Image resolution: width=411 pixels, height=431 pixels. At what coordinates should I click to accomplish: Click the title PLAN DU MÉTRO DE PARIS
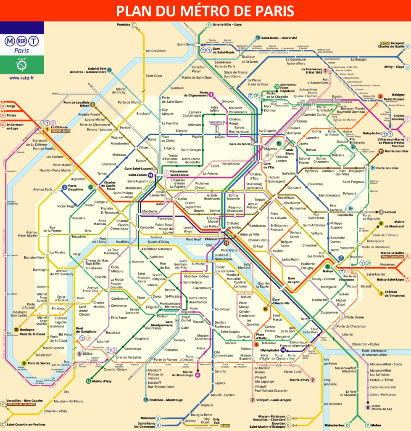[x=205, y=11]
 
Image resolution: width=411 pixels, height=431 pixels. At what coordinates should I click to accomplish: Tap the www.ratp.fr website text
[x=21, y=78]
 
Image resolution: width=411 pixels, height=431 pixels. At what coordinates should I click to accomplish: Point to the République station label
[x=286, y=197]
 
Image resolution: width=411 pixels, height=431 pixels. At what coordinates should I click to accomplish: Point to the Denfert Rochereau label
[x=222, y=324]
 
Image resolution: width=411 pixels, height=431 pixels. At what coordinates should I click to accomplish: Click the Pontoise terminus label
[x=123, y=25]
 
